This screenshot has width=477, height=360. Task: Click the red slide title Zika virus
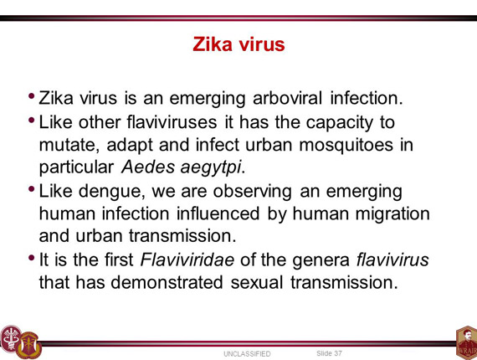coord(238,44)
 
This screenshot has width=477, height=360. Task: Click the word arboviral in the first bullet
coord(287,98)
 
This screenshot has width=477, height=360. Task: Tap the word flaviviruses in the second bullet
coord(172,122)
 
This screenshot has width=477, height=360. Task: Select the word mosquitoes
coord(346,145)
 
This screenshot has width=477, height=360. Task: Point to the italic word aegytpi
coord(211,167)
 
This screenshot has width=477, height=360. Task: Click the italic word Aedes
coord(148,167)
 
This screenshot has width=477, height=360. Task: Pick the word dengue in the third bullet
coord(111,192)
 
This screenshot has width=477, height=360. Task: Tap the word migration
coord(392,213)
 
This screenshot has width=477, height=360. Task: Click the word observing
coord(252,192)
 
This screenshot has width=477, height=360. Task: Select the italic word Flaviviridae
coord(187,260)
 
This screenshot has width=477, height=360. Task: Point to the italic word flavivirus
coord(392,260)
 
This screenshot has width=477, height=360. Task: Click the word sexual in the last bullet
coord(257,282)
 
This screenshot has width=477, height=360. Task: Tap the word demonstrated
coord(167,282)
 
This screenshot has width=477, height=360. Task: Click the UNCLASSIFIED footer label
coord(247,354)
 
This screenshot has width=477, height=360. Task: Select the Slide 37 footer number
coord(329,353)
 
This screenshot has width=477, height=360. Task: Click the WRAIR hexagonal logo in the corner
coord(467,343)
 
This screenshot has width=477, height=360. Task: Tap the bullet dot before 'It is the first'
coord(31,258)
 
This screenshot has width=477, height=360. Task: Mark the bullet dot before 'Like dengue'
coord(31,189)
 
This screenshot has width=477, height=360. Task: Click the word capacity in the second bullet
coord(339,123)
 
